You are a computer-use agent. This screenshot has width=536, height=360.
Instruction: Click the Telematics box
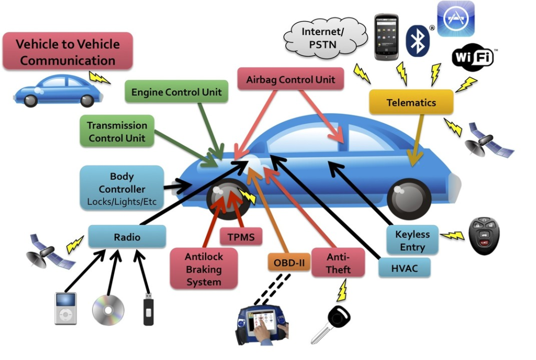pyautogui.click(x=411, y=102)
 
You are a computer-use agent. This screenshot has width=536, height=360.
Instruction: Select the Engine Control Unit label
pyautogui.click(x=176, y=92)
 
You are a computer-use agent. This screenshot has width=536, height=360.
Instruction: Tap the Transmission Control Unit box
pyautogui.click(x=117, y=131)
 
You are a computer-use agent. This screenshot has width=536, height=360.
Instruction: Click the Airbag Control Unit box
pyautogui.click(x=291, y=80)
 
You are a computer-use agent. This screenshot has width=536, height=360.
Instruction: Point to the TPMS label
pyautogui.click(x=241, y=237)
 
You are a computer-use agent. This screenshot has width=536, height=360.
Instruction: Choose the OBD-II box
pyautogui.click(x=288, y=262)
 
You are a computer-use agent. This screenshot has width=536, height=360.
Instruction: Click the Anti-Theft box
pyautogui.click(x=338, y=263)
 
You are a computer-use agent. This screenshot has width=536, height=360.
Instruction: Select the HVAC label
pyautogui.click(x=405, y=268)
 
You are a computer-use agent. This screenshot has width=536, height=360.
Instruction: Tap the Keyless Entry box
pyautogui.click(x=412, y=241)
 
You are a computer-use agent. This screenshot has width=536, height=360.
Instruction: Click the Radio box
pyautogui.click(x=127, y=237)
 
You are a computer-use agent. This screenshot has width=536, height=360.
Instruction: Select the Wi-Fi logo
pyautogui.click(x=472, y=58)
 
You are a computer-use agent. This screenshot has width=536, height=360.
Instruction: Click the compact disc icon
pyautogui.click(x=108, y=310)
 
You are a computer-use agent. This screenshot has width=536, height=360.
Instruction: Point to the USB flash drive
pyautogui.click(x=148, y=311)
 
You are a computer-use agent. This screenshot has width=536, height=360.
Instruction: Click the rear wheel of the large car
pyautogui.click(x=409, y=198)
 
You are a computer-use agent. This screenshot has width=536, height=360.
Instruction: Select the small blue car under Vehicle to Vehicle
pyautogui.click(x=58, y=91)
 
